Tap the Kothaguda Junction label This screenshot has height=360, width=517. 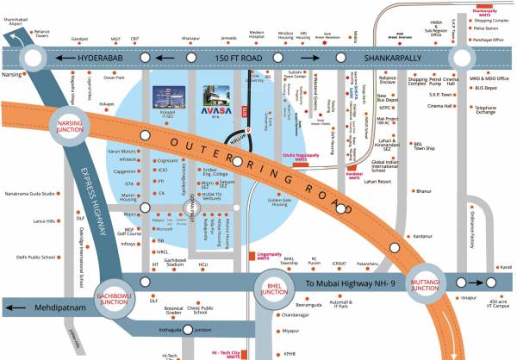click(189, 330)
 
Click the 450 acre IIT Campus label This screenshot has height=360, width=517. click(497, 303)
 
